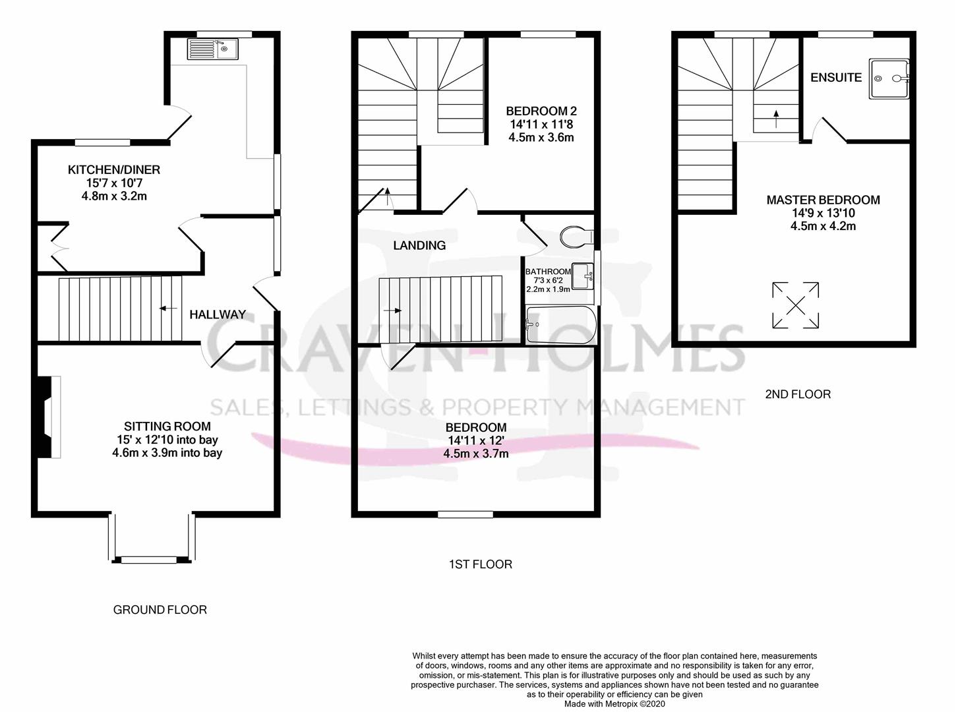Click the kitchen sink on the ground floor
(x=214, y=48)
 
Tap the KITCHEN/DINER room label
(x=114, y=170)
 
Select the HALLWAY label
(x=218, y=314)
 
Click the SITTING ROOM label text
(x=167, y=427)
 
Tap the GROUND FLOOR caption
(x=160, y=610)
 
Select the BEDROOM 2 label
(x=541, y=111)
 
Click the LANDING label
(x=419, y=245)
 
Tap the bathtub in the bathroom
(x=561, y=324)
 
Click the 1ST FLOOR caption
(x=480, y=564)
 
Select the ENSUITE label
(x=836, y=77)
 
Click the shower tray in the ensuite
(x=889, y=78)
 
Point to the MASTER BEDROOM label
(x=823, y=200)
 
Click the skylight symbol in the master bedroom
(x=796, y=305)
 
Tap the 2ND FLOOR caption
(x=798, y=394)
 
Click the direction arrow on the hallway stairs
(x=167, y=308)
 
